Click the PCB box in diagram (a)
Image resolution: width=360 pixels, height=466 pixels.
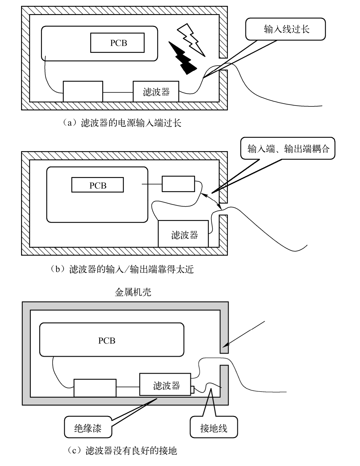(x=117, y=43)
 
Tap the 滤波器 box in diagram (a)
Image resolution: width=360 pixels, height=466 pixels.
(x=156, y=92)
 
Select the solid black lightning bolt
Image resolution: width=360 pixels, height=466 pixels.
(x=183, y=59)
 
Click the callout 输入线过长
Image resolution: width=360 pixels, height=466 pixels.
(x=285, y=29)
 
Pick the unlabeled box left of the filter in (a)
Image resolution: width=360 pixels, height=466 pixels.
(x=83, y=91)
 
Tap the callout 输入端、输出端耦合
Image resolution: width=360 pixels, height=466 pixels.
(x=288, y=149)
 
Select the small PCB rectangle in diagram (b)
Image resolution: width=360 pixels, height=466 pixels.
(x=98, y=185)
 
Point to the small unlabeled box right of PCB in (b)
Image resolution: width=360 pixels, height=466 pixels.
(x=178, y=184)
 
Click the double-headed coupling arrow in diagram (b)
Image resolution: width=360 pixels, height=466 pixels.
(x=211, y=200)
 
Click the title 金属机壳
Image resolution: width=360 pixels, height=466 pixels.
(x=133, y=292)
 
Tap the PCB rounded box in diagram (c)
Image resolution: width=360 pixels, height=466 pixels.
(x=112, y=340)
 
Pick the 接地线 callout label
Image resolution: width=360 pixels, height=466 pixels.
(x=214, y=428)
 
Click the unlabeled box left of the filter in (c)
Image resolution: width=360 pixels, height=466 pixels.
(x=95, y=388)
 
